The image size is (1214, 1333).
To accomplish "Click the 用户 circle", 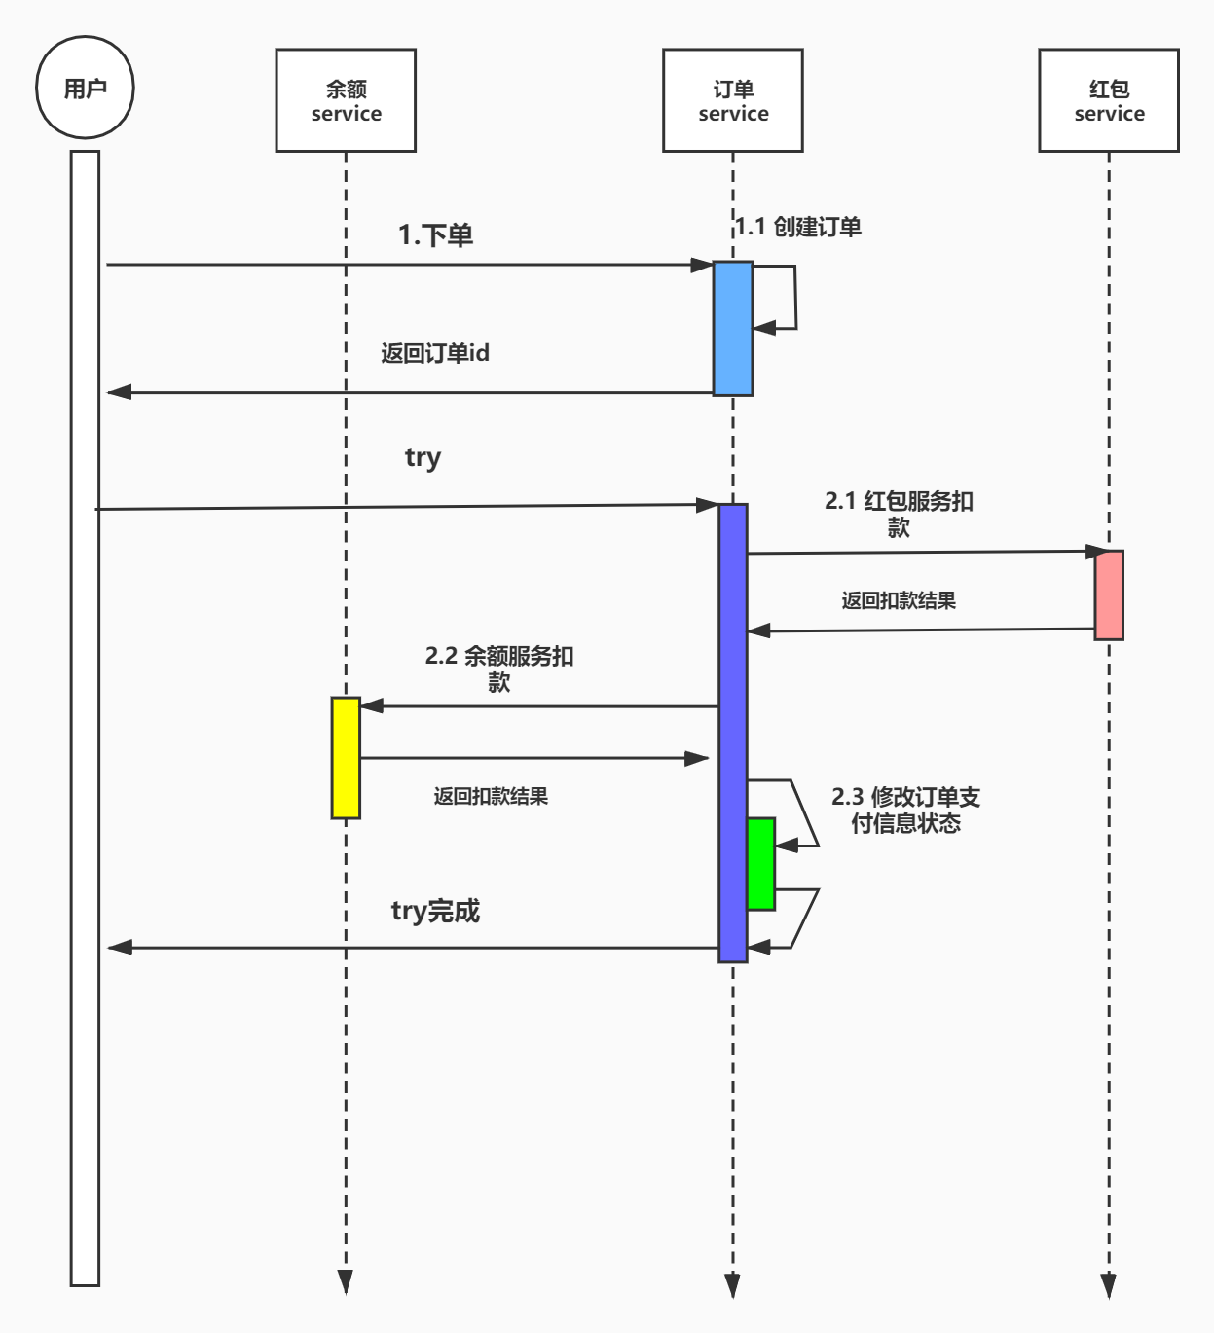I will [x=85, y=88].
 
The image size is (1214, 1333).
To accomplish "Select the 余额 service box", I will [x=346, y=101].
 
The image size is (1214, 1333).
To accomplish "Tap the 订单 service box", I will [x=733, y=101].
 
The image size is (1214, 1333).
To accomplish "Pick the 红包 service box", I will [x=1109, y=101].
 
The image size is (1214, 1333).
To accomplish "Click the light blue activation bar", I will [x=733, y=328].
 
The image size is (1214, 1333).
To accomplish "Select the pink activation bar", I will [x=1109, y=594].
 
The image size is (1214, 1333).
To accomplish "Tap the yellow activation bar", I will [x=346, y=757].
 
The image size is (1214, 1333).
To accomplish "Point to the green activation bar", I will [x=761, y=864].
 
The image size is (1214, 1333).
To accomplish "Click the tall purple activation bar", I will [x=733, y=733].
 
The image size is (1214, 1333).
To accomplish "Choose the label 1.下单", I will [x=435, y=235].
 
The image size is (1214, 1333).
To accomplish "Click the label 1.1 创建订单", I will [x=798, y=227].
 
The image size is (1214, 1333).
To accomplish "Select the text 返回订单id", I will [x=435, y=353].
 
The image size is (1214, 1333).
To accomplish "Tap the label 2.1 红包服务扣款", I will [x=899, y=514].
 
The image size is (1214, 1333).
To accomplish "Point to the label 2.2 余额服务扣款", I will [x=499, y=668].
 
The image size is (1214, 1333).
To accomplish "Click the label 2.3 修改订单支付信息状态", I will [x=905, y=810].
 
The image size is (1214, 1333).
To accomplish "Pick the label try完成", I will [x=435, y=911].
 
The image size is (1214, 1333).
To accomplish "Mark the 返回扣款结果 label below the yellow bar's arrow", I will [x=491, y=796].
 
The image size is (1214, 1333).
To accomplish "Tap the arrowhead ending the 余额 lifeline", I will [x=346, y=1281].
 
